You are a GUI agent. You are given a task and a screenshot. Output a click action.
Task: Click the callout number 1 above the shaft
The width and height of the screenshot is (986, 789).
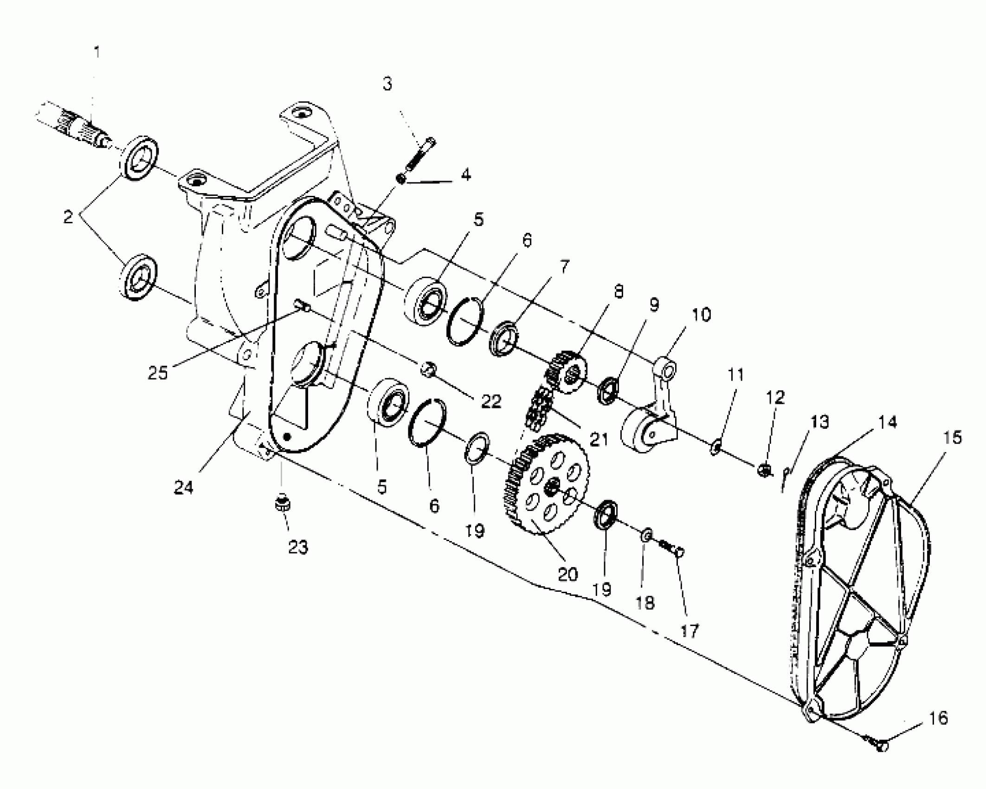tap(97, 52)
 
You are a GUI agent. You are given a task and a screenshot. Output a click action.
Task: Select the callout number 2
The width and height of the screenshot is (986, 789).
tap(69, 217)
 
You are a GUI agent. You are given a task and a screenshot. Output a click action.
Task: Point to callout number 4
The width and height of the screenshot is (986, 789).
tap(466, 175)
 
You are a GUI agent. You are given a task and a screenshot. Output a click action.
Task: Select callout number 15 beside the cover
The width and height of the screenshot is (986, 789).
tap(952, 438)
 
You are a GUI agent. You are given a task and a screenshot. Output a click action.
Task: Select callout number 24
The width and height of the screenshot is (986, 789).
tap(183, 487)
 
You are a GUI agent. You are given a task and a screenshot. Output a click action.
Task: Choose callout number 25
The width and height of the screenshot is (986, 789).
tap(158, 372)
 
